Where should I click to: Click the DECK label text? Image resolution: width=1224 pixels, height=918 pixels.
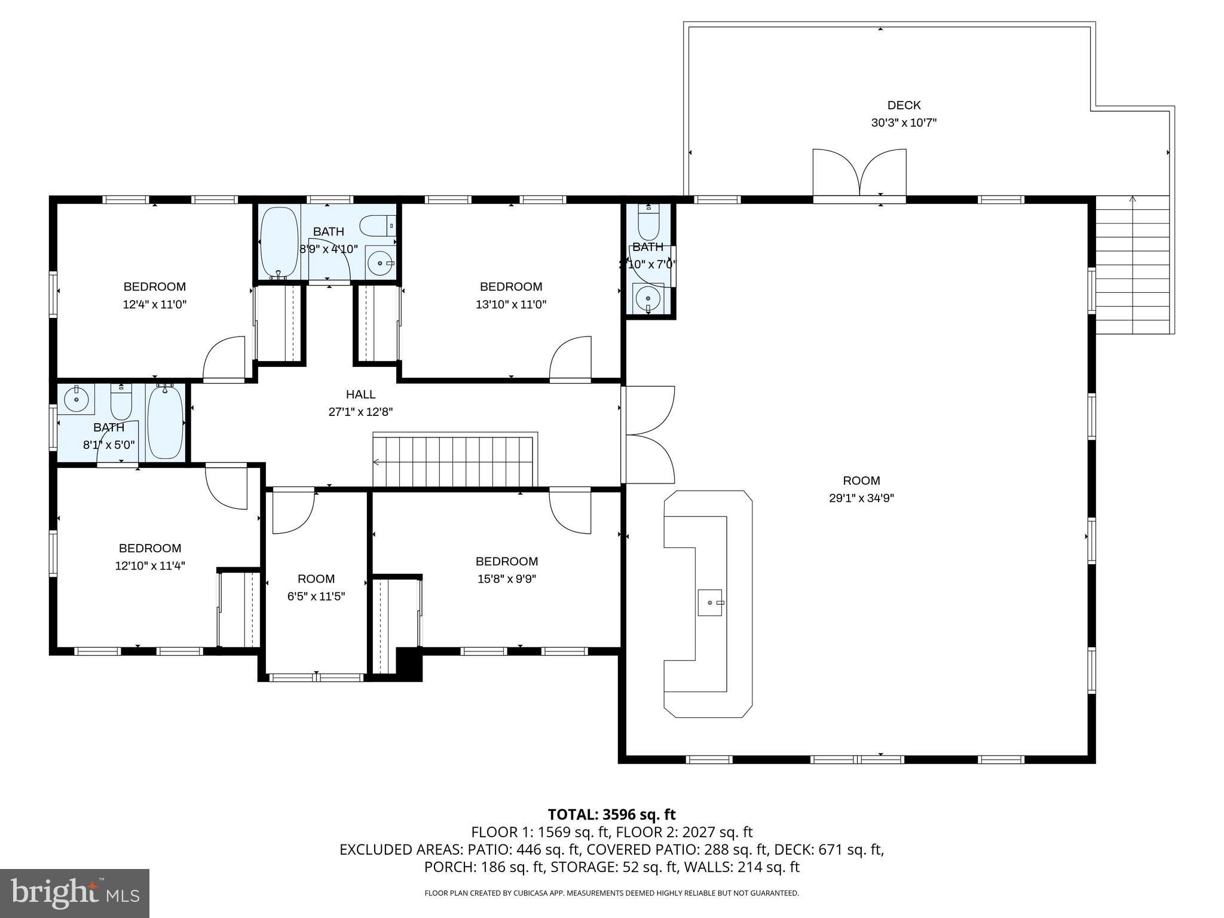click(904, 105)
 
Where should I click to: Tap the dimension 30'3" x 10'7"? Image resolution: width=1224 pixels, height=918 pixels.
click(904, 123)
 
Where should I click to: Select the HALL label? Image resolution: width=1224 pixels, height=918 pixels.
click(360, 394)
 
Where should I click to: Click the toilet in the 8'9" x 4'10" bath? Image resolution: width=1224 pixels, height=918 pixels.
click(377, 225)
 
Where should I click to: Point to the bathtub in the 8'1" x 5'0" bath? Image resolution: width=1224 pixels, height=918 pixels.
click(165, 423)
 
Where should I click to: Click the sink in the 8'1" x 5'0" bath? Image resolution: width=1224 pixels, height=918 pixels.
click(76, 399)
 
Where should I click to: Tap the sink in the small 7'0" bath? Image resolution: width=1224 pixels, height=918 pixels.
click(648, 298)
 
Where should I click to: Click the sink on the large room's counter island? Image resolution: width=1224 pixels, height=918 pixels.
click(711, 602)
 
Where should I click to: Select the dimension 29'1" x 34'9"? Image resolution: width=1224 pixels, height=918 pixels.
click(861, 498)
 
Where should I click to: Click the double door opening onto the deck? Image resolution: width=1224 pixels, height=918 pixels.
click(859, 173)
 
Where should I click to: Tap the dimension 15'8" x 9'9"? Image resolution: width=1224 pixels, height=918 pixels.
click(507, 579)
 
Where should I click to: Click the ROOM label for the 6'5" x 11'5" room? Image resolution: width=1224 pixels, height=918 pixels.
click(316, 579)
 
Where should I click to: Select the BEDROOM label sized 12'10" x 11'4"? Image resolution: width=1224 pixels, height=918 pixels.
click(150, 548)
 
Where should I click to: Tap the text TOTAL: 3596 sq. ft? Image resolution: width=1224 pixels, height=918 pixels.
click(611, 815)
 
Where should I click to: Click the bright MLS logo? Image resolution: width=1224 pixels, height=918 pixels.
click(75, 893)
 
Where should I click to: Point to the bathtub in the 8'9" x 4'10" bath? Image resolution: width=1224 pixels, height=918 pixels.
click(279, 242)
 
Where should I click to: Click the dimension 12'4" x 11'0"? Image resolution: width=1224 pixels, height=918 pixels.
click(155, 304)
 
